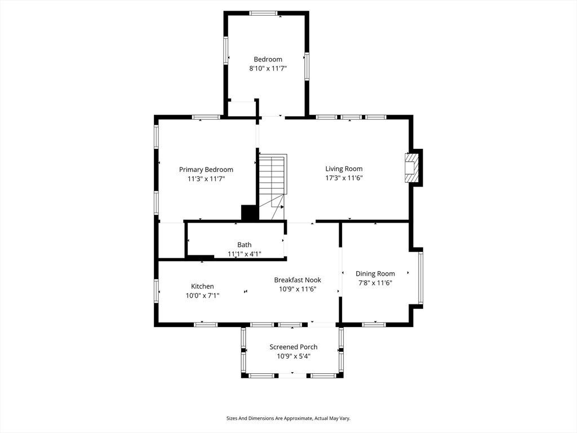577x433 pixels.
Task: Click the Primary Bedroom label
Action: pyautogui.click(x=206, y=169)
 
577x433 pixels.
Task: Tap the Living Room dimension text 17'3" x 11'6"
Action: pyautogui.click(x=344, y=178)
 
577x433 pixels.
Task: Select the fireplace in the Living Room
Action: pyautogui.click(x=411, y=167)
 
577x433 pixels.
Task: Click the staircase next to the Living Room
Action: pyautogui.click(x=273, y=187)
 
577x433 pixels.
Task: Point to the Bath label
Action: pyautogui.click(x=245, y=245)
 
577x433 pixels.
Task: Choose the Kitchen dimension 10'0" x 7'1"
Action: pyautogui.click(x=202, y=295)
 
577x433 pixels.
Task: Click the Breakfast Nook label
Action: pyautogui.click(x=298, y=280)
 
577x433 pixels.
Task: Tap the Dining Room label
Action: pyautogui.click(x=375, y=273)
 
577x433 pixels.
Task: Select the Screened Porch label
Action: pyautogui.click(x=293, y=347)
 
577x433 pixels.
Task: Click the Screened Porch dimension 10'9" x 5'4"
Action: pyautogui.click(x=294, y=356)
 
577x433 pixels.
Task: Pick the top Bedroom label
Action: pyautogui.click(x=268, y=59)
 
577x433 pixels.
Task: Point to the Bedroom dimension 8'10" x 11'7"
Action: pyautogui.click(x=268, y=68)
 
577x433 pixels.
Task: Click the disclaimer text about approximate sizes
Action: pyautogui.click(x=288, y=418)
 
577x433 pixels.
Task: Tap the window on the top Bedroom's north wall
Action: pyautogui.click(x=264, y=14)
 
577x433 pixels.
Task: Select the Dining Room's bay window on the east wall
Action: pyautogui.click(x=420, y=277)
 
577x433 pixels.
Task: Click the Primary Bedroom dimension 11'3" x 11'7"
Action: pyautogui.click(x=206, y=179)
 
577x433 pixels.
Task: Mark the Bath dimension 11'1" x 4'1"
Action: pyautogui.click(x=245, y=254)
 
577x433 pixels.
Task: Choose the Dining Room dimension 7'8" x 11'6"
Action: pyautogui.click(x=375, y=283)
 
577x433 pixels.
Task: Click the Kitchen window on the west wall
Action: pyautogui.click(x=156, y=291)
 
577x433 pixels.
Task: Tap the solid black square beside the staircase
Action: pyautogui.click(x=250, y=213)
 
